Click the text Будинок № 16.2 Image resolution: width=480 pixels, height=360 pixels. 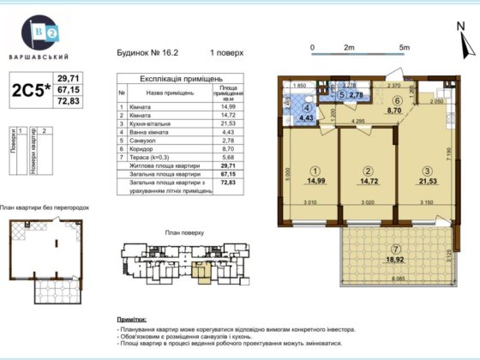[146, 52]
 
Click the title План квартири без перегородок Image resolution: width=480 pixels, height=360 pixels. [45, 207]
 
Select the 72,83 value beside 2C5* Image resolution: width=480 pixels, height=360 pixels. [68, 102]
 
